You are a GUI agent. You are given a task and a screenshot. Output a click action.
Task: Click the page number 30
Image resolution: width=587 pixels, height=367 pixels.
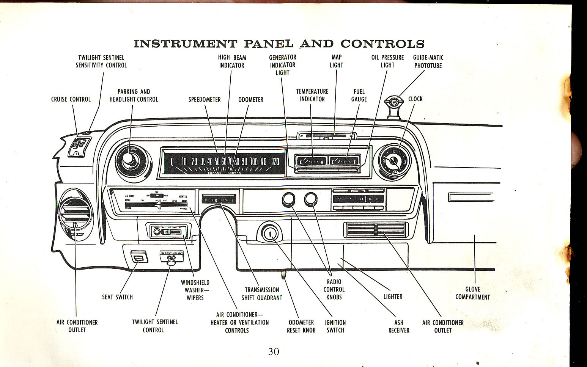point(273,351)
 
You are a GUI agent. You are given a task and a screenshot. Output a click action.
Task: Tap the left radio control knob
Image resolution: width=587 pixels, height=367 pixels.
point(288,199)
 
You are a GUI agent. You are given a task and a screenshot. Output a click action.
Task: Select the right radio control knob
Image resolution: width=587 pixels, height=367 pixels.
point(311,199)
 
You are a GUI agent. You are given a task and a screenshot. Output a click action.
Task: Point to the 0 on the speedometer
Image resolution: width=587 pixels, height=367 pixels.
point(172,162)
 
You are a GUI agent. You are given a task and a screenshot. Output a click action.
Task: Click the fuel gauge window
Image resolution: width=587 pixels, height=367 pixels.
point(345,161)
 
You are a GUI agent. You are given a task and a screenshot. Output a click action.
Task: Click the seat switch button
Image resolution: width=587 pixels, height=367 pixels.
point(138,258)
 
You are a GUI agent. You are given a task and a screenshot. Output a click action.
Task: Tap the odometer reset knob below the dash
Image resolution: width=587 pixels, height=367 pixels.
point(283,276)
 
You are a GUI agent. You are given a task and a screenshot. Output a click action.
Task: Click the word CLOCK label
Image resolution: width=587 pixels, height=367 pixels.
point(415,99)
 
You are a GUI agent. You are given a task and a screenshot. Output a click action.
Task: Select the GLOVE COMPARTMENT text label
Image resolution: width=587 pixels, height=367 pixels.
point(472,293)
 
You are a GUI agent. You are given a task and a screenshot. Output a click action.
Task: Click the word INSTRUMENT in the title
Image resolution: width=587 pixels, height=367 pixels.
point(185,44)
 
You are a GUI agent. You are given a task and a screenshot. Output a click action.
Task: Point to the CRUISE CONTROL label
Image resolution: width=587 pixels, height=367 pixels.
point(71,99)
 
